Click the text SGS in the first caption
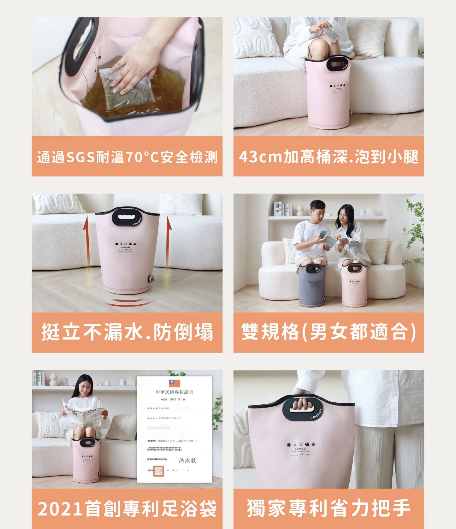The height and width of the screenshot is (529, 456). [x=80, y=157]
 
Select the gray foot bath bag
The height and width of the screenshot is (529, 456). [x=312, y=286]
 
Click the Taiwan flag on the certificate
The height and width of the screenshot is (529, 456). [x=175, y=383]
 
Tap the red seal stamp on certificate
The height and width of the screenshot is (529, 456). [x=158, y=471]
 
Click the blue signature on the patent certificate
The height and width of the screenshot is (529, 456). [x=187, y=460]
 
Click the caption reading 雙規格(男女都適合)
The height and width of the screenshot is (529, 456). [x=329, y=332]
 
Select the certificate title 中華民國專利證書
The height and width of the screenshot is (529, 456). [x=174, y=392]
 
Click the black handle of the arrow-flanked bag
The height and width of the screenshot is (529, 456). [x=127, y=217]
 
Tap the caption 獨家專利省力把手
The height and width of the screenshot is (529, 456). [x=329, y=508]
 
